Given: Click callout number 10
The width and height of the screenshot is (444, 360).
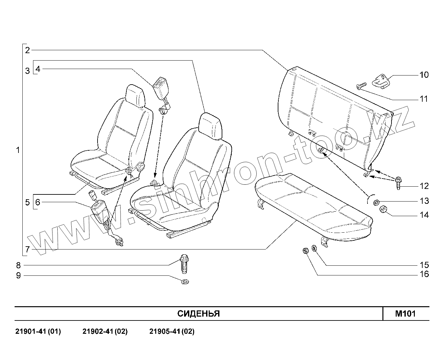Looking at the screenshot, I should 424,75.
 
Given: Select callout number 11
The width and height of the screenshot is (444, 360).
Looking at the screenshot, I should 424,99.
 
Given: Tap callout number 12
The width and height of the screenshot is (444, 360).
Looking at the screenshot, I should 424,186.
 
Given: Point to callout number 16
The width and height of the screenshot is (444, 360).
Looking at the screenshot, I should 424,274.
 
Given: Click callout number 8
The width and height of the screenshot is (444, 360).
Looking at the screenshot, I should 18,265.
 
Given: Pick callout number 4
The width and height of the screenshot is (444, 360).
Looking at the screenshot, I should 38,69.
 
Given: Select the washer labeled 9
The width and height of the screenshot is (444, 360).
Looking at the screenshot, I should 185,281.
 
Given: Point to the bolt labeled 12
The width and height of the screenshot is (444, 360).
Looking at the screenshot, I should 398,183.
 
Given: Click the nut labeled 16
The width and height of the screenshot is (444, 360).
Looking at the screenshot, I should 305,250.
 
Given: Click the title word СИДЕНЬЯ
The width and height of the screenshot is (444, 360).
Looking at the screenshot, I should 198,314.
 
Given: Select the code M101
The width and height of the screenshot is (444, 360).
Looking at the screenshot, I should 405,314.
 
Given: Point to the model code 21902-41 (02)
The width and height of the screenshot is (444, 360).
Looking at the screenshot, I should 105,331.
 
